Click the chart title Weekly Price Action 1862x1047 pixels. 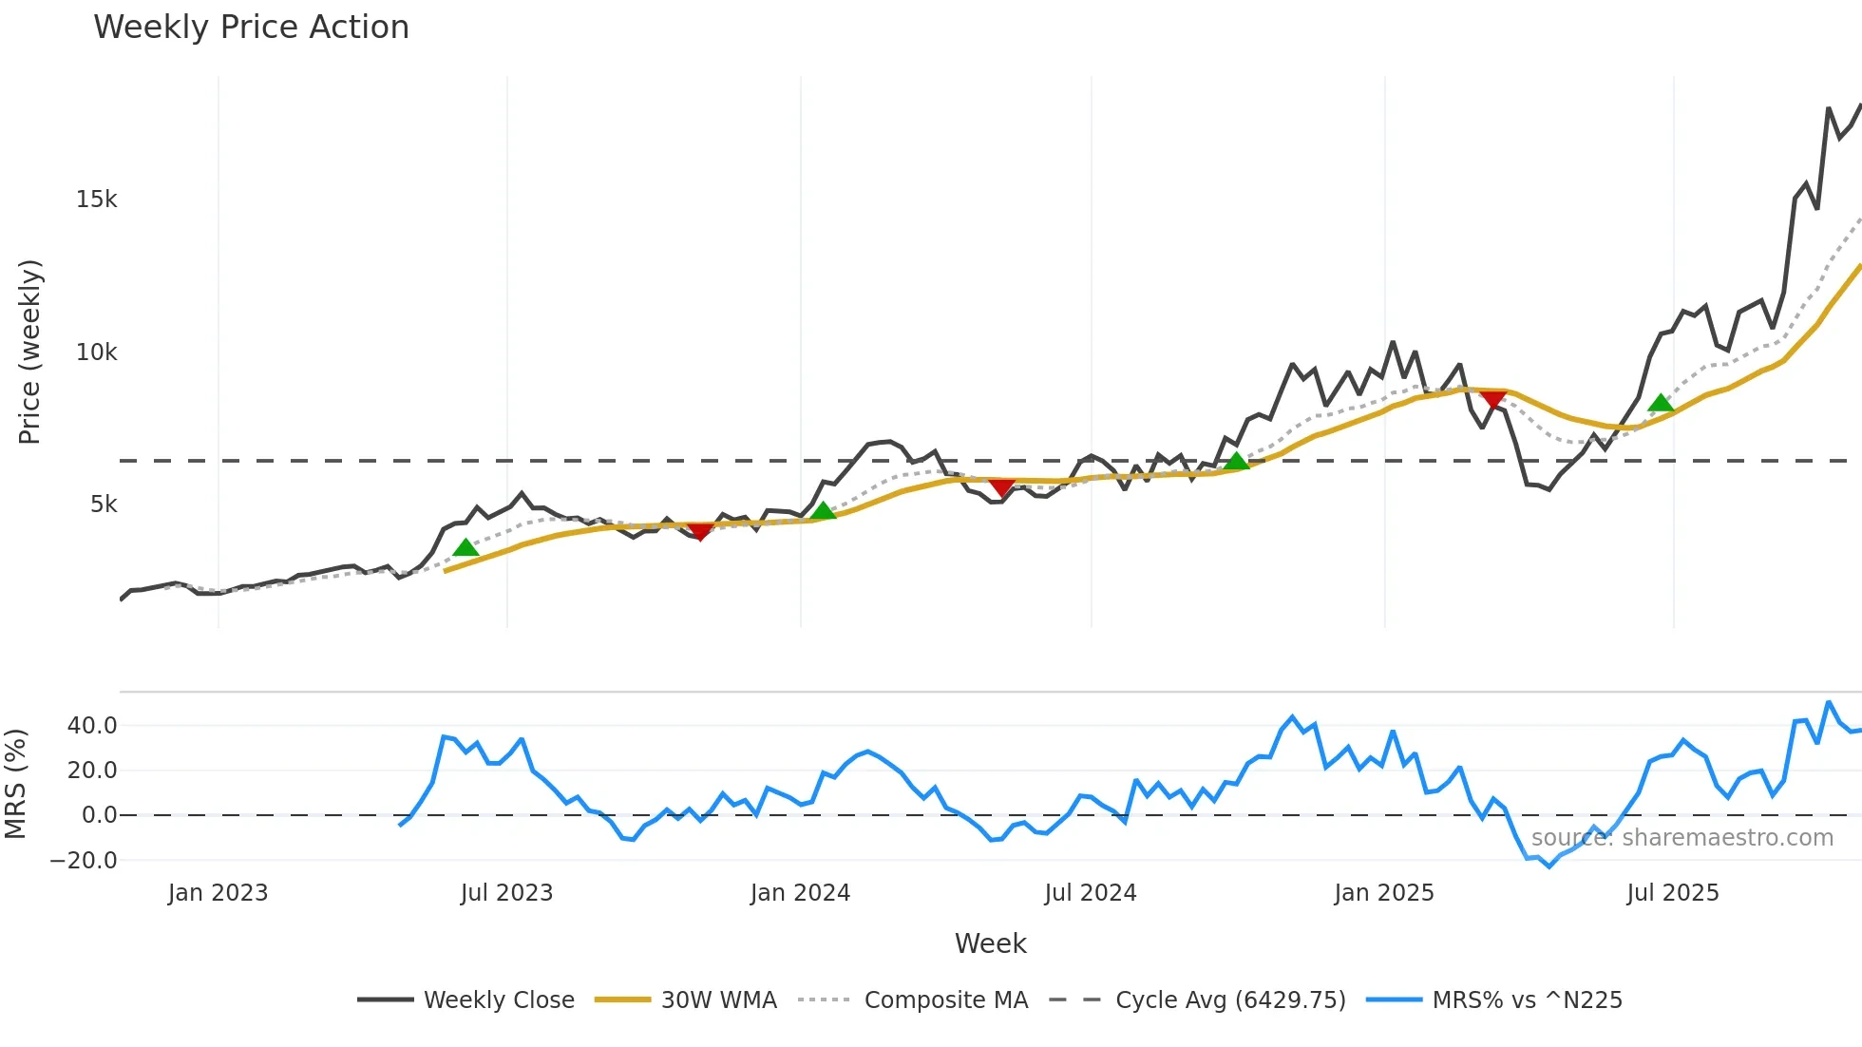[251, 28]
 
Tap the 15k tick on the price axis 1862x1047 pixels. [96, 200]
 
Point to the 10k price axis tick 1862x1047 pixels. [96, 352]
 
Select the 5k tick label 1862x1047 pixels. [104, 504]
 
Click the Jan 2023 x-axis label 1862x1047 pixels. [218, 893]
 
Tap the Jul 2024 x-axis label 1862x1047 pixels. [1090, 893]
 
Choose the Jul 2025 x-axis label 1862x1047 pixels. [1672, 893]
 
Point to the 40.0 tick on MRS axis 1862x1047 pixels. [92, 726]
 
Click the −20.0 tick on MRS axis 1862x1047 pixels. [84, 861]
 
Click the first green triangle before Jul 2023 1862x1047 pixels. [465, 547]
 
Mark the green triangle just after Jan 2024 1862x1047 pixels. [823, 511]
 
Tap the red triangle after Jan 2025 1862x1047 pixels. [1492, 400]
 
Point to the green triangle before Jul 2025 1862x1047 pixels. [1660, 403]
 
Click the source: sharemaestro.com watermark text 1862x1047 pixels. [1681, 838]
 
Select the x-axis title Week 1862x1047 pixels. [990, 943]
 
